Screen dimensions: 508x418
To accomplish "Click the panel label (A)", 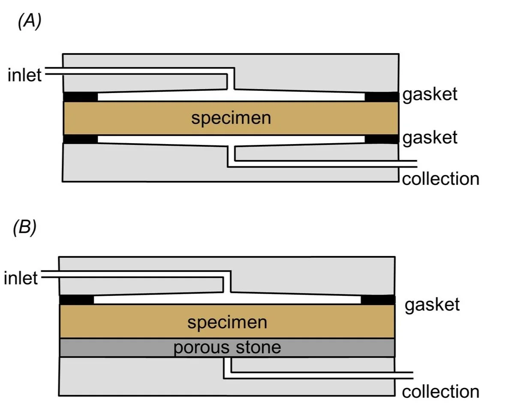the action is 30,21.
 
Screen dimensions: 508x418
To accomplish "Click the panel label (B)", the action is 24,227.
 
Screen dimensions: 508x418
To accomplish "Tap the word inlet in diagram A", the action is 24,75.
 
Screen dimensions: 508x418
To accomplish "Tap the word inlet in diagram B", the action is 21,278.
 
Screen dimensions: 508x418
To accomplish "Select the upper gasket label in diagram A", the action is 430,95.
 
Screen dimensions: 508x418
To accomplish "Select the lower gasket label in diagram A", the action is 430,138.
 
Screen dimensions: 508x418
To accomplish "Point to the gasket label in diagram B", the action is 432,305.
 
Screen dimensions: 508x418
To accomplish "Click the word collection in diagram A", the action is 441,179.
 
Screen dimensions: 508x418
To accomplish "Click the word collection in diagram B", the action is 441,391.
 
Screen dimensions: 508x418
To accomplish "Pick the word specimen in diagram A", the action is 231,118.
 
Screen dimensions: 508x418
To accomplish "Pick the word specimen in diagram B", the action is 227,322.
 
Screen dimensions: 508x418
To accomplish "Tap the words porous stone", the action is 227,347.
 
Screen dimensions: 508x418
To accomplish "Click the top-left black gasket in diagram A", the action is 80,96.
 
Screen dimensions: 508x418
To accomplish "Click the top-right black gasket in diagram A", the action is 382,96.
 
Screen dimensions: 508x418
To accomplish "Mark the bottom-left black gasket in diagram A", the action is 80,139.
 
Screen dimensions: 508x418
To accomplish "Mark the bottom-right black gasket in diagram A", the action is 382,139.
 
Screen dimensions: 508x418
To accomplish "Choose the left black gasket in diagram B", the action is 76,300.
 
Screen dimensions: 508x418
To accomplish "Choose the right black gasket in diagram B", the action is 378,300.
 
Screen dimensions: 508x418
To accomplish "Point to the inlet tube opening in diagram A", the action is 45,71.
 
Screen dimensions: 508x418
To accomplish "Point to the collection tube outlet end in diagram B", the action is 413,375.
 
